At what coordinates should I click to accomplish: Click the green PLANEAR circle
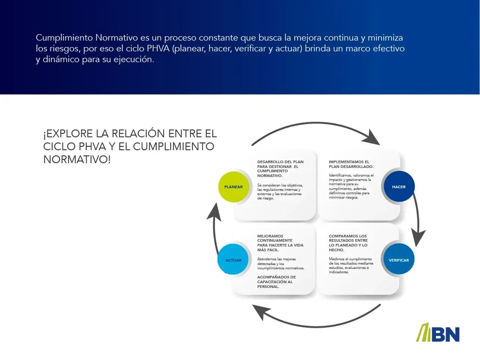233,186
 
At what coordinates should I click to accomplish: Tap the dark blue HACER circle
399,186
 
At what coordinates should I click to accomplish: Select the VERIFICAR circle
399,260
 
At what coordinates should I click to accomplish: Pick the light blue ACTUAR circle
233,260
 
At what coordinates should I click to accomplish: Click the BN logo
438,333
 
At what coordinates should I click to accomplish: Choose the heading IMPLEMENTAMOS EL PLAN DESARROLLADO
349,164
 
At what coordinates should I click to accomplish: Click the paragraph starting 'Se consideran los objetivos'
280,192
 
